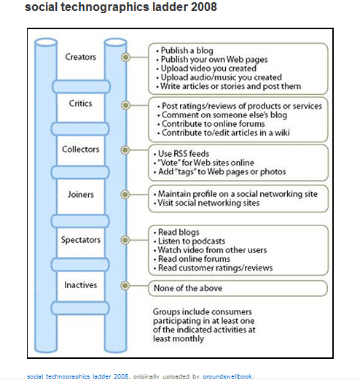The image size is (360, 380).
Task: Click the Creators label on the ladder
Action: pos(80,57)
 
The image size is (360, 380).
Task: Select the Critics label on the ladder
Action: pos(80,104)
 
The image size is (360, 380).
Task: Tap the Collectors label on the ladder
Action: pos(80,150)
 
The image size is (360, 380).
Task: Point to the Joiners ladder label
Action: pos(80,195)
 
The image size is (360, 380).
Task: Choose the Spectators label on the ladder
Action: pos(80,240)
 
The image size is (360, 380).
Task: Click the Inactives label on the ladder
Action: pos(80,285)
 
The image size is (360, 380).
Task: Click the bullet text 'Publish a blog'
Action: pos(184,50)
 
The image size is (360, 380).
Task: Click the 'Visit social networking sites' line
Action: pos(208,203)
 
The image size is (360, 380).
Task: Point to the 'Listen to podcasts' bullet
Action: pos(194,241)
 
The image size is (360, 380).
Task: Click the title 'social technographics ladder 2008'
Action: pos(120,8)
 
